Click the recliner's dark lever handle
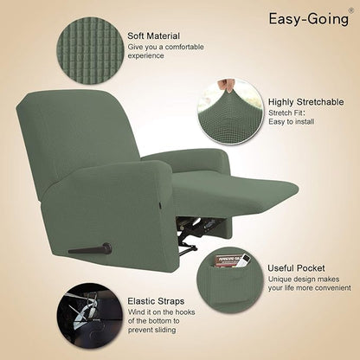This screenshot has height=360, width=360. pos(91,249)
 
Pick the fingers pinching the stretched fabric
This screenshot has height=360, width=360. pos(226,85)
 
